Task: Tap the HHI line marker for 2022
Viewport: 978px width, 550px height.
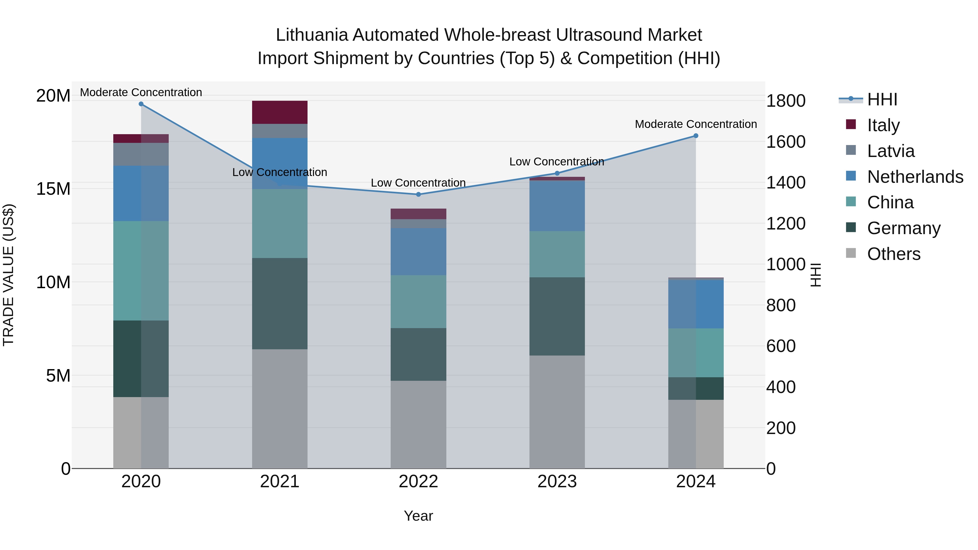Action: click(418, 194)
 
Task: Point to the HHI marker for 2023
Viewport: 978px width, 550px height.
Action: click(557, 174)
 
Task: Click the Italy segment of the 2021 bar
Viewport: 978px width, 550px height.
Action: click(280, 112)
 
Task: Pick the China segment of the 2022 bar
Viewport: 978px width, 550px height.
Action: click(418, 301)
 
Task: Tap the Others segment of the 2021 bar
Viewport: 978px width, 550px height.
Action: click(280, 408)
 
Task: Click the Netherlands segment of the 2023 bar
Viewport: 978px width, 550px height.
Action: click(557, 206)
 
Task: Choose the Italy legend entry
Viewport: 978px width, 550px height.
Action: click(883, 125)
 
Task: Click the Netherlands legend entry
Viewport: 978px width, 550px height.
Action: click(915, 177)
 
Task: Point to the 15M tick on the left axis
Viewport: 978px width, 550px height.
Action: click(53, 189)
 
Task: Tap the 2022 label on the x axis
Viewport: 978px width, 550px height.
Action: click(418, 481)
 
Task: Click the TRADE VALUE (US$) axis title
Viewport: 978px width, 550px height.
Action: click(8, 275)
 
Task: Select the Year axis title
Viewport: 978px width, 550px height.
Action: click(418, 516)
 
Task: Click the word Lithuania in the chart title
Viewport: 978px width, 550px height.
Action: click(311, 35)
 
